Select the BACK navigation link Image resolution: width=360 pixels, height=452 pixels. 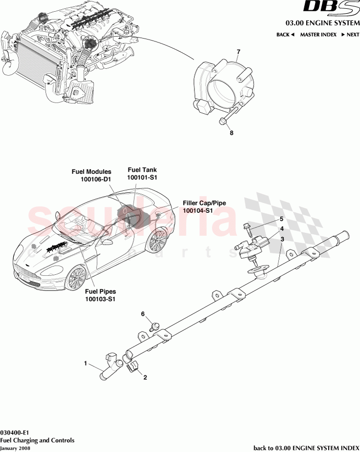(x=285, y=35)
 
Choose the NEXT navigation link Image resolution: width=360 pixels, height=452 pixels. (x=350, y=35)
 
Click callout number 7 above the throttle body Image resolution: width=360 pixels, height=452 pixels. (x=238, y=52)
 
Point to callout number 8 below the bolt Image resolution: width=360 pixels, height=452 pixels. (x=232, y=132)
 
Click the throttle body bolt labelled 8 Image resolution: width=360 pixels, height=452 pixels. (x=227, y=117)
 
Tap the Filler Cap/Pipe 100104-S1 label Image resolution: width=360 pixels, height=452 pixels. (x=204, y=206)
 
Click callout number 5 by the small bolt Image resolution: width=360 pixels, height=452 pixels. (x=281, y=220)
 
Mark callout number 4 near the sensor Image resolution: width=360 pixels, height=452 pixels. (x=281, y=229)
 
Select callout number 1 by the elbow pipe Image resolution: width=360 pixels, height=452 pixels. (x=85, y=363)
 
